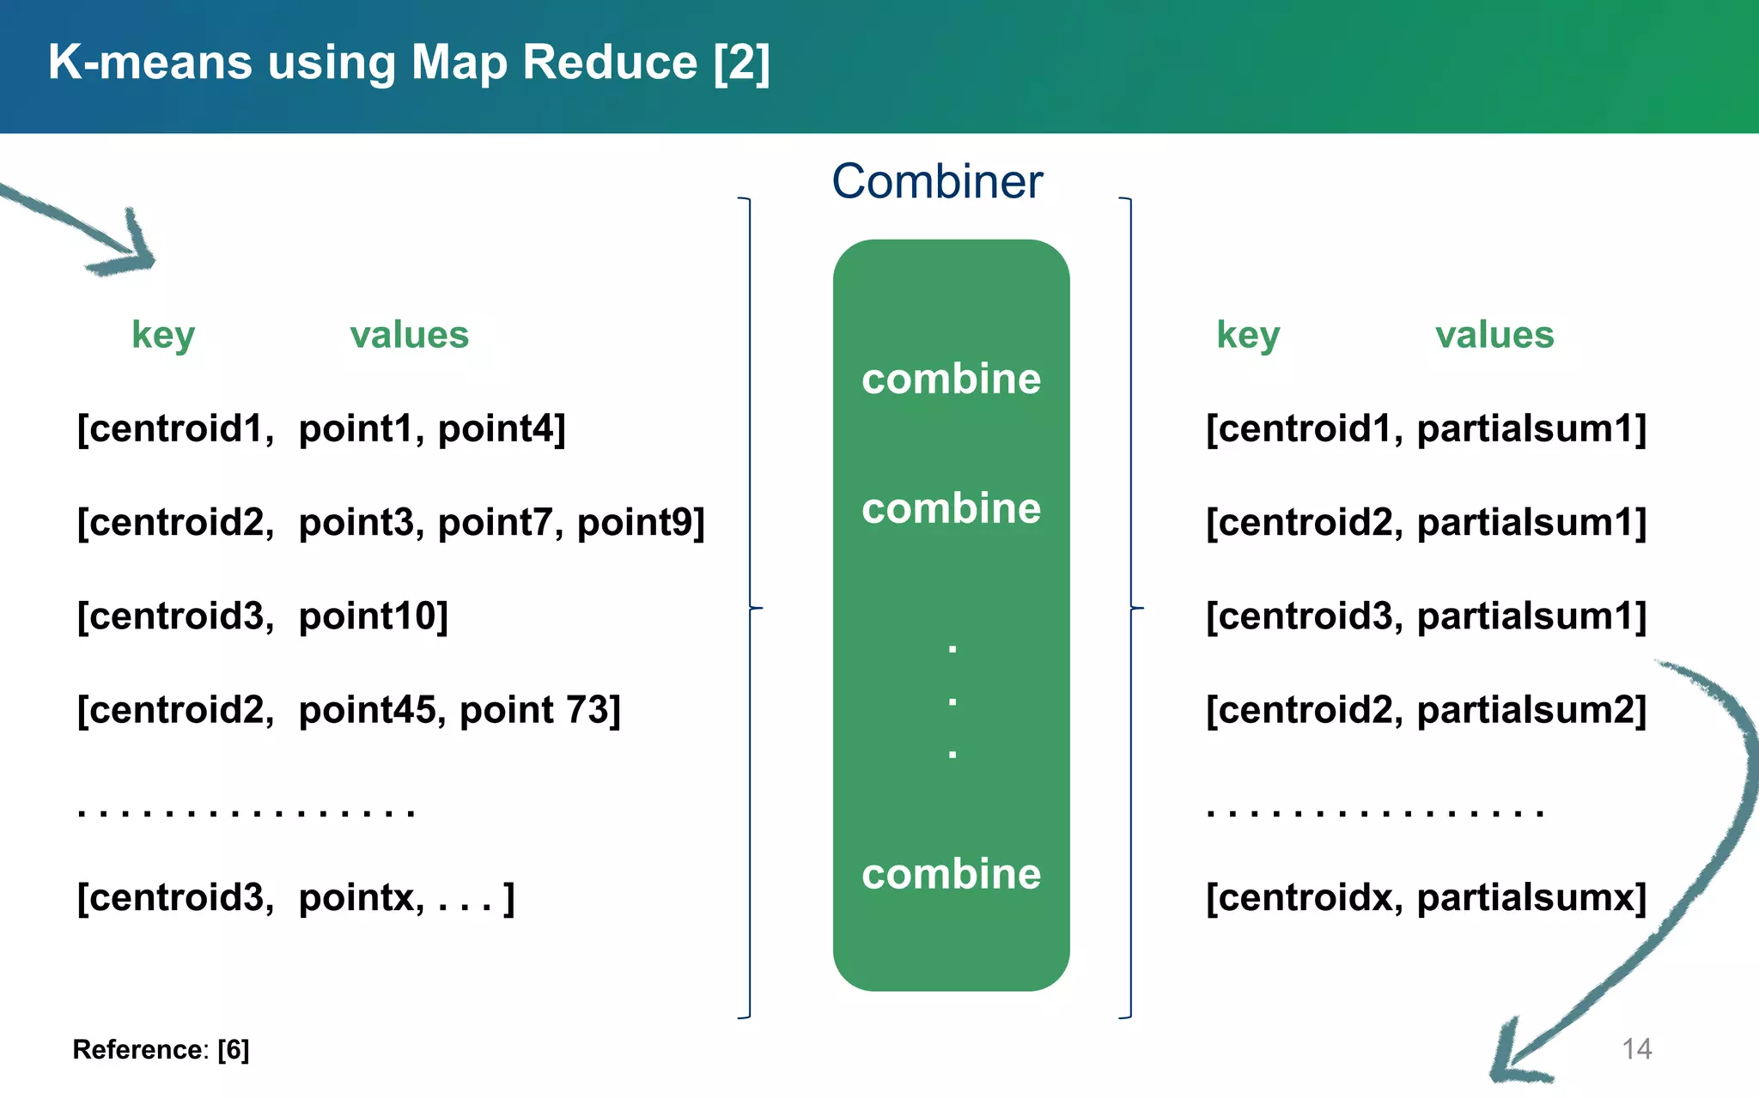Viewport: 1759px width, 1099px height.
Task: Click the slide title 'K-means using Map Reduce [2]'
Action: (409, 63)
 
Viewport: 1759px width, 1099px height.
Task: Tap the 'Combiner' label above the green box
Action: (937, 182)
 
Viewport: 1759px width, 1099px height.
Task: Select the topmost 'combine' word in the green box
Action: (951, 379)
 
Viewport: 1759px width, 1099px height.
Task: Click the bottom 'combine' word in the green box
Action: (951, 874)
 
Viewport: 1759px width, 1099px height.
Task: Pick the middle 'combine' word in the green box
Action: (951, 508)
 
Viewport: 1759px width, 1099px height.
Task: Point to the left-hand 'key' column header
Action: (163, 335)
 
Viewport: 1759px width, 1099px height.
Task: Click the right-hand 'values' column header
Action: (1494, 335)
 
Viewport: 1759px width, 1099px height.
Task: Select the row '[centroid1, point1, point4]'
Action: (321, 428)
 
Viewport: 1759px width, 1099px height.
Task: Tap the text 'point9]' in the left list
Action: (641, 522)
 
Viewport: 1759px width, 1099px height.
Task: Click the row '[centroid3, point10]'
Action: (263, 616)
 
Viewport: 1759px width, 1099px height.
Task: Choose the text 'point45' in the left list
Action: (367, 710)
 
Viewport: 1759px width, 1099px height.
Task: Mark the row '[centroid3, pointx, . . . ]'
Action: (295, 898)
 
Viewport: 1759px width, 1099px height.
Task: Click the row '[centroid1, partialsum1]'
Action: (1426, 428)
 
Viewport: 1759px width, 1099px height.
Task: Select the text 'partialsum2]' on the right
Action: (1531, 710)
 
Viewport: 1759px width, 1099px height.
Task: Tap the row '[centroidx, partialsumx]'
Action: (1426, 898)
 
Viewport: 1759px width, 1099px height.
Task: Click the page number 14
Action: (1636, 1049)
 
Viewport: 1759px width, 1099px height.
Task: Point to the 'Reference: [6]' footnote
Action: (161, 1049)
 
